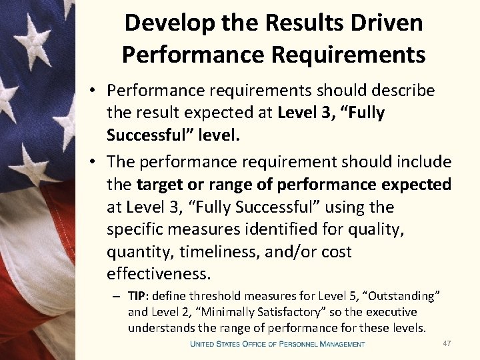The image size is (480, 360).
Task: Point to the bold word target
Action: (x=160, y=185)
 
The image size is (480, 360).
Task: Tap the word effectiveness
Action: (x=159, y=275)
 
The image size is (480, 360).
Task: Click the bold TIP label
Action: (x=137, y=295)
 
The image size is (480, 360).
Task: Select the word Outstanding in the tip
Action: (x=404, y=295)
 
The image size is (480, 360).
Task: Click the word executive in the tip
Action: (x=393, y=311)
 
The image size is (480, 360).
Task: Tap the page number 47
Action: (x=447, y=343)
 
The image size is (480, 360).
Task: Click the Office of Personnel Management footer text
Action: (x=277, y=344)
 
